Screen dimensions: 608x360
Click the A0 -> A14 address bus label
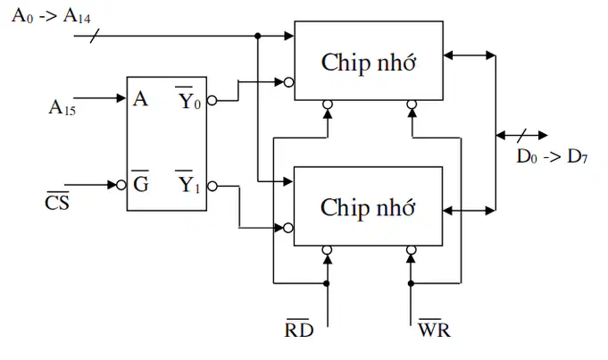51,16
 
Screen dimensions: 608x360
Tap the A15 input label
62,107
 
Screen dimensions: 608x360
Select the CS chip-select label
57,201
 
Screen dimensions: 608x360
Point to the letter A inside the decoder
140,99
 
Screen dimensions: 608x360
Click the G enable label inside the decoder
140,182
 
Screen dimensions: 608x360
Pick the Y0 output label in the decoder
189,98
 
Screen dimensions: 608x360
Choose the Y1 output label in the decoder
189,182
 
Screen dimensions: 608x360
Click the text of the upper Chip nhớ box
369,62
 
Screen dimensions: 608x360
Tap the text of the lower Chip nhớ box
368,207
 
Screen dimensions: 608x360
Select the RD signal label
298,328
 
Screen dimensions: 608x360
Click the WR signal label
434,328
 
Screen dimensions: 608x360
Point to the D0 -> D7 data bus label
552,156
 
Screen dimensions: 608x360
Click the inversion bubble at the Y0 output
212,100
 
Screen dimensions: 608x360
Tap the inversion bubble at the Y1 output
212,186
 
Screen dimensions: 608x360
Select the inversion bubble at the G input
121,185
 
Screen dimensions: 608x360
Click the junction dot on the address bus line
258,36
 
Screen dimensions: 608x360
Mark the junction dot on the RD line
327,283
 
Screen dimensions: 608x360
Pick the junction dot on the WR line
411,283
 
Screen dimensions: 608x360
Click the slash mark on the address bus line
95,36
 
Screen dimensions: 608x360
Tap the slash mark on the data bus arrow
522,136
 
